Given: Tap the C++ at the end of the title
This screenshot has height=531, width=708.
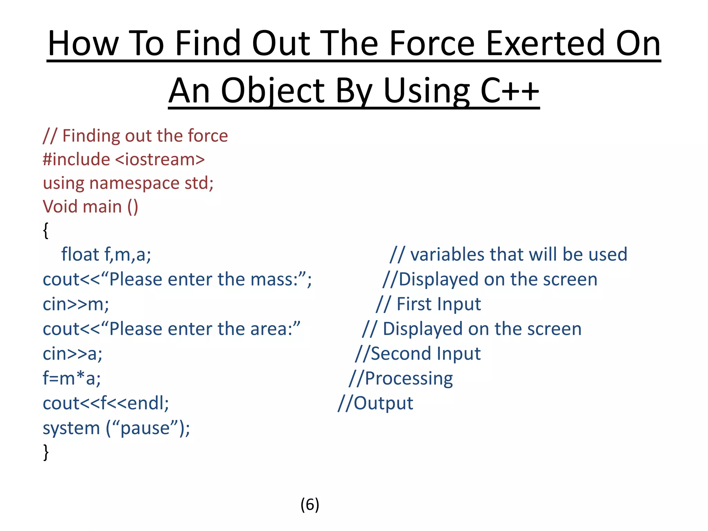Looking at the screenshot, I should tap(510, 91).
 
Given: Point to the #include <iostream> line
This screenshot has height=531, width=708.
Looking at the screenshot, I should tap(124, 159).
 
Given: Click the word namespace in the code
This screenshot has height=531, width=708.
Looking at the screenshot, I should tap(134, 183).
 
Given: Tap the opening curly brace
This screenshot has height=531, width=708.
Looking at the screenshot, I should tap(46, 230).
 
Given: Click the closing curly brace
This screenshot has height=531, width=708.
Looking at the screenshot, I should tap(46, 452).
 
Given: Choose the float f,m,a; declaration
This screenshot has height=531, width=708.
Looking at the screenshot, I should tap(106, 254).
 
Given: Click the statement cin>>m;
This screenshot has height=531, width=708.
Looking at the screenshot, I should tap(76, 305).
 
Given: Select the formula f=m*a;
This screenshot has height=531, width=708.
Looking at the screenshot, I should tap(72, 379).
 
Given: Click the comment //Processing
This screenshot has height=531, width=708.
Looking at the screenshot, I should tap(401, 379).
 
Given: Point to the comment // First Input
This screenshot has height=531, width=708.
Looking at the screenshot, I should tap(428, 305).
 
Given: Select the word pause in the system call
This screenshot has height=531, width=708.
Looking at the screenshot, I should tap(145, 428).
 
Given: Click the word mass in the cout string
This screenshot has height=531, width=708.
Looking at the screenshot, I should tap(272, 280).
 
